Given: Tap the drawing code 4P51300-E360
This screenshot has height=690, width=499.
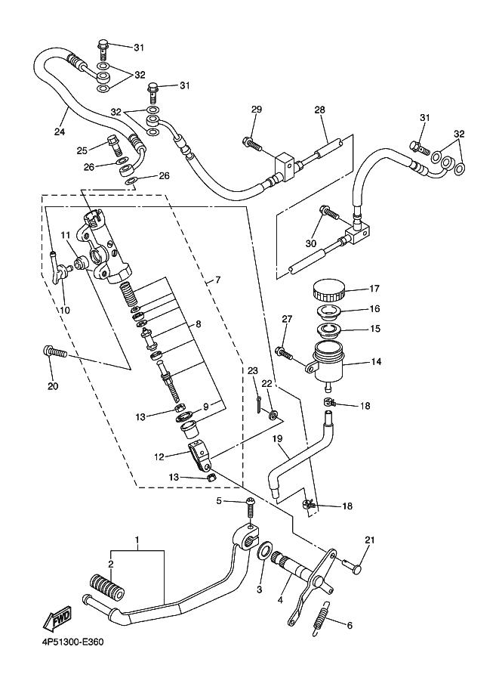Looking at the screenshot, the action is click(73, 642).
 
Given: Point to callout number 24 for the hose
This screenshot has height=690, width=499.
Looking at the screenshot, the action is click(60, 131).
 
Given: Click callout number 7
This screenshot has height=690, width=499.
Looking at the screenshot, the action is click(217, 280).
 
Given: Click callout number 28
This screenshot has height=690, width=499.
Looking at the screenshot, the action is click(319, 110).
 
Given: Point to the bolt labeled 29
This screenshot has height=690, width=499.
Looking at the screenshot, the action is click(251, 143).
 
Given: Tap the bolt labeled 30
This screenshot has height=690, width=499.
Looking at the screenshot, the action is click(330, 212).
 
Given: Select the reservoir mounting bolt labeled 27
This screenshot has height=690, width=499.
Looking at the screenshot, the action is click(284, 352).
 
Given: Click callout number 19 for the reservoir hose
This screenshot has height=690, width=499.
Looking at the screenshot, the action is click(276, 438).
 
